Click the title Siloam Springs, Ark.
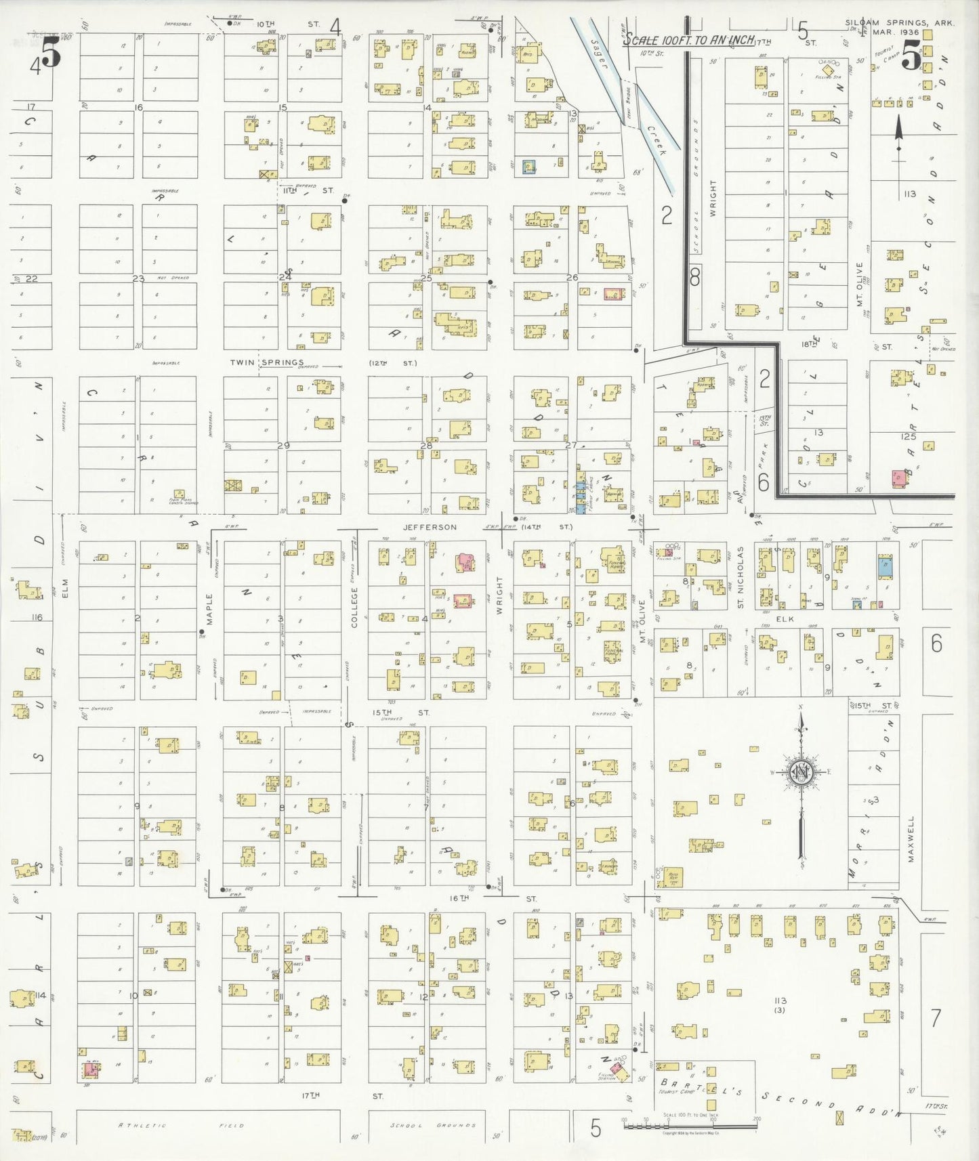[x=899, y=22]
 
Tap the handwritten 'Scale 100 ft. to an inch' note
[x=688, y=40]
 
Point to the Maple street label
[x=209, y=609]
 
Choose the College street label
[x=354, y=607]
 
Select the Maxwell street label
[x=911, y=839]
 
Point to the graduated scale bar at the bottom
[x=689, y=1126]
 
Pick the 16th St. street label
[x=459, y=898]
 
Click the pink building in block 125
[x=898, y=478]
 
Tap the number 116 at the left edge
[x=37, y=617]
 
